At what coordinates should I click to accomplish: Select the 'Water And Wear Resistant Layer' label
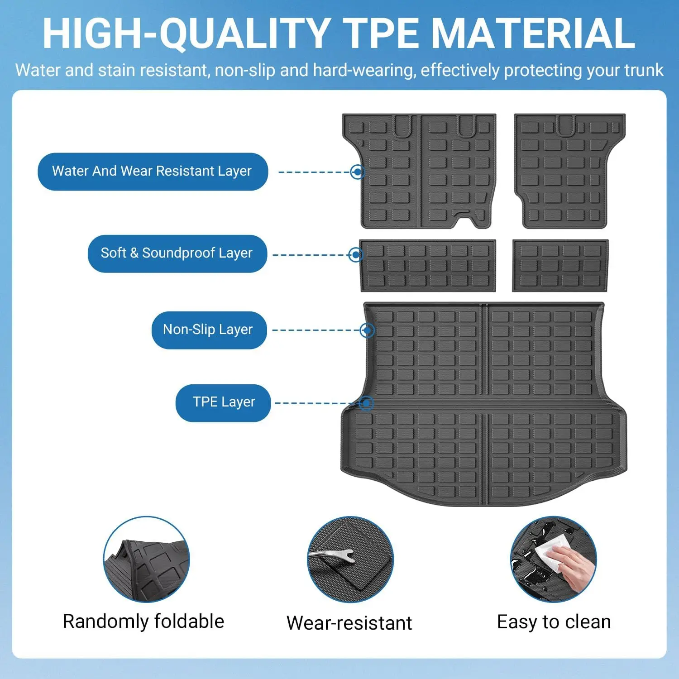pyautogui.click(x=153, y=172)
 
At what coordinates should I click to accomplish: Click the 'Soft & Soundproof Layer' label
pyautogui.click(x=177, y=253)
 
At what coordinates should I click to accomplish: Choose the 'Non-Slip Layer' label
pyautogui.click(x=209, y=330)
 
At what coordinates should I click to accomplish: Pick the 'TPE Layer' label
pyautogui.click(x=223, y=403)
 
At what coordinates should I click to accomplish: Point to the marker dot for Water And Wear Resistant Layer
pyautogui.click(x=358, y=172)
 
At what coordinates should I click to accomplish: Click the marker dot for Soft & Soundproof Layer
pyautogui.click(x=356, y=255)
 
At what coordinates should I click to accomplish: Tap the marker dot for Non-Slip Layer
pyautogui.click(x=367, y=330)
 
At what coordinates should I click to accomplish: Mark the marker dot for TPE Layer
pyautogui.click(x=366, y=403)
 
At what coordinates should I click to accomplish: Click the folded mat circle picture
pyautogui.click(x=147, y=559)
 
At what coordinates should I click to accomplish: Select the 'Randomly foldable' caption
pyautogui.click(x=143, y=622)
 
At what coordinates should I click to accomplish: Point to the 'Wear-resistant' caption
pyautogui.click(x=349, y=623)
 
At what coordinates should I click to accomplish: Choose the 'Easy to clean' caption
pyautogui.click(x=554, y=622)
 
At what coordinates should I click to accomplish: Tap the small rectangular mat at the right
pyautogui.click(x=560, y=266)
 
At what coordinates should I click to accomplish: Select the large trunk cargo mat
pyautogui.click(x=483, y=404)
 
